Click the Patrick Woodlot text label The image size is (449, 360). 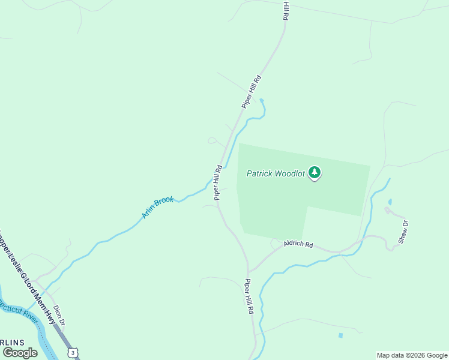point(276,174)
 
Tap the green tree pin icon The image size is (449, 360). point(315,173)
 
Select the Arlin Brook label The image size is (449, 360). point(158,207)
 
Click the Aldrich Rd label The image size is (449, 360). point(299,244)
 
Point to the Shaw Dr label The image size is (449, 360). point(403,232)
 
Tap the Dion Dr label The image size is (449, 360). point(58,316)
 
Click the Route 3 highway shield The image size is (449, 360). point(72,352)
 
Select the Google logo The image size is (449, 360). point(20,353)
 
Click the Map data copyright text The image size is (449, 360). point(412,355)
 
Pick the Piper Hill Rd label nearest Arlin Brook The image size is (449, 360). point(218,182)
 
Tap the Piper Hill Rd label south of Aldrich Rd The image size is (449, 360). point(249,297)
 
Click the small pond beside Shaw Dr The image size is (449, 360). point(390,202)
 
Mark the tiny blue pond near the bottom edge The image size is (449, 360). point(340,335)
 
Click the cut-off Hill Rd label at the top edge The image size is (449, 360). point(286,11)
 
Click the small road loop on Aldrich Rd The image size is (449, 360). point(276,244)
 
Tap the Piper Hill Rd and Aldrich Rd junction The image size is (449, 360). point(248,271)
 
